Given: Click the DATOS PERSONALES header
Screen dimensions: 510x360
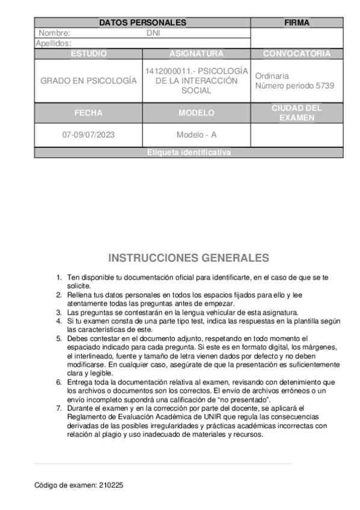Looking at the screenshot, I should [142, 23].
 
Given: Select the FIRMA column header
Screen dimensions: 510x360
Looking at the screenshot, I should [297, 23].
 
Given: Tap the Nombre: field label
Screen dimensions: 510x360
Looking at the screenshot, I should [55, 33].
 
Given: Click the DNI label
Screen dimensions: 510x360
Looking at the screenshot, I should [153, 33].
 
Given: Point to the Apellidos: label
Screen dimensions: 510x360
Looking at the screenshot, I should [53, 43].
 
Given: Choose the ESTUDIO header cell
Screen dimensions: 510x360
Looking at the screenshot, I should [88, 54].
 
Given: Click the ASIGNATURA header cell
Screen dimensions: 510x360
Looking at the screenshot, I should [197, 54].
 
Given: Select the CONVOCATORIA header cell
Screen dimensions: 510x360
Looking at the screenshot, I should [297, 54].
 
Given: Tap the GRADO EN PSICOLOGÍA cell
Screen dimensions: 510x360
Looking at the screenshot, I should [88, 81].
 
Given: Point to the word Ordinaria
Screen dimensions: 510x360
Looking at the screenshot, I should [272, 76].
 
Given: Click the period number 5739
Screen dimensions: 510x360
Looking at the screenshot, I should [325, 85].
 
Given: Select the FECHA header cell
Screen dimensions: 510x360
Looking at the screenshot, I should [88, 112].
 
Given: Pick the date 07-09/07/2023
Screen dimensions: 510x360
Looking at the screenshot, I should [88, 135].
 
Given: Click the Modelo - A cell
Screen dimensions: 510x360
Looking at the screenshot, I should [197, 135].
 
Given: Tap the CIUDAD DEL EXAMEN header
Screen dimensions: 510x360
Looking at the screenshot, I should [297, 112].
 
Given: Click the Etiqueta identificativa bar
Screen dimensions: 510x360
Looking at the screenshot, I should [189, 153].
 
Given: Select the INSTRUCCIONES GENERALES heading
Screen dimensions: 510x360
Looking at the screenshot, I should [189, 258].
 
